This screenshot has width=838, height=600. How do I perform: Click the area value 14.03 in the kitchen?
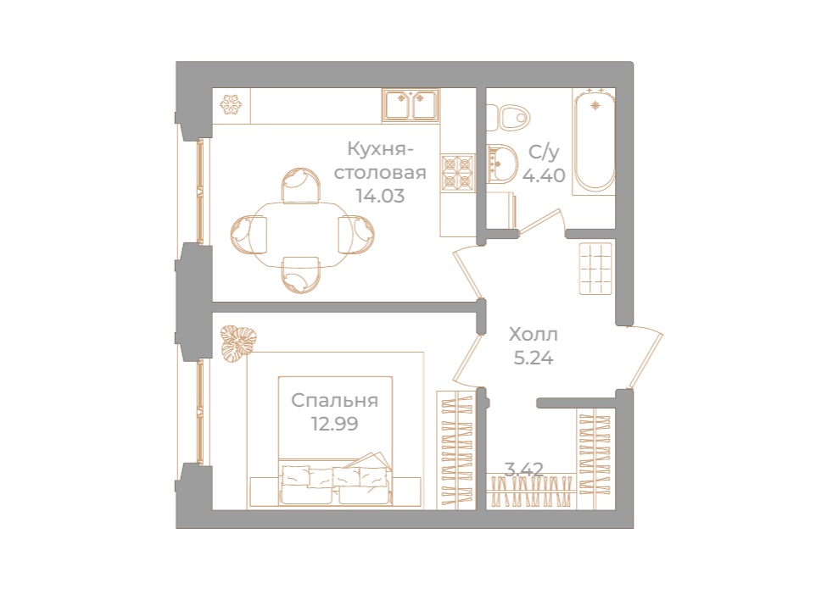click(380, 195)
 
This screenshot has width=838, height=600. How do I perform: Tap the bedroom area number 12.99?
click(334, 423)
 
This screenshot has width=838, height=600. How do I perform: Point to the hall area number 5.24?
click(534, 357)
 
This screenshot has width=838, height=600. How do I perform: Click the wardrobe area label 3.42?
click(523, 468)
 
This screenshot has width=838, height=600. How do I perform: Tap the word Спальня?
click(334, 401)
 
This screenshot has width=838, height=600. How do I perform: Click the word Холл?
click(533, 334)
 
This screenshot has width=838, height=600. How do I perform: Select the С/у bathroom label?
click(544, 153)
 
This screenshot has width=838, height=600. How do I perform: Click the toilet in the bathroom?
click(512, 116)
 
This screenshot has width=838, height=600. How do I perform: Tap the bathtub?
click(595, 142)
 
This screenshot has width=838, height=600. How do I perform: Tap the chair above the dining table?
click(301, 185)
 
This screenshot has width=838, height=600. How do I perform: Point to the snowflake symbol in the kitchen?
click(231, 105)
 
